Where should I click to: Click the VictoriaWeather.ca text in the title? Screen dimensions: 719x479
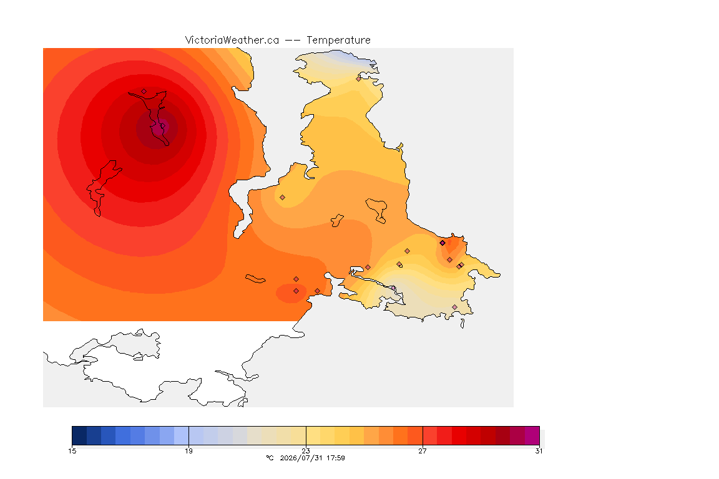232,41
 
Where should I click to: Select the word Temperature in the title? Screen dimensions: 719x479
338,41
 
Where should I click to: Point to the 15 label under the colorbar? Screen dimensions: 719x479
72,451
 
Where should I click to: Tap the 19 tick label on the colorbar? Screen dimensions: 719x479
188,451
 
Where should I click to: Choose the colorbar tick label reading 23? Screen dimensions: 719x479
306,451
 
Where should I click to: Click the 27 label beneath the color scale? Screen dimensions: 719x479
423,451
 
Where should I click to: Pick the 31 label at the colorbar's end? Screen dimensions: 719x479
539,451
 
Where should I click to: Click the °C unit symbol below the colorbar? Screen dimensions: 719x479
270,458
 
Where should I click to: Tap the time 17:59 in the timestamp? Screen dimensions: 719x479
336,458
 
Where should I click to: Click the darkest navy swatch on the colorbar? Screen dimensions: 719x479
79,435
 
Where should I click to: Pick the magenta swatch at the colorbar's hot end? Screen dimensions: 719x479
532,435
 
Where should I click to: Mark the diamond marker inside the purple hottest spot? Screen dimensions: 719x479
162,125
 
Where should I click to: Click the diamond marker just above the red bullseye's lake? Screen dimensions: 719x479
144,92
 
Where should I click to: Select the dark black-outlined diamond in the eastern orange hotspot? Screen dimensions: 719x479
443,243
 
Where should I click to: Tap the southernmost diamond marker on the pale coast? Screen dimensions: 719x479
454,307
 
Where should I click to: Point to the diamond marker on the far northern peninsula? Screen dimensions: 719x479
359,79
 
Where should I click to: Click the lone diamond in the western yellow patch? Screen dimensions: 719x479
283,198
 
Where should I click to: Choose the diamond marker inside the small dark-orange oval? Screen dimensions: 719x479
296,291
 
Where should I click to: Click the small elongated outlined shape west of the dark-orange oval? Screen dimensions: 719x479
255,279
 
